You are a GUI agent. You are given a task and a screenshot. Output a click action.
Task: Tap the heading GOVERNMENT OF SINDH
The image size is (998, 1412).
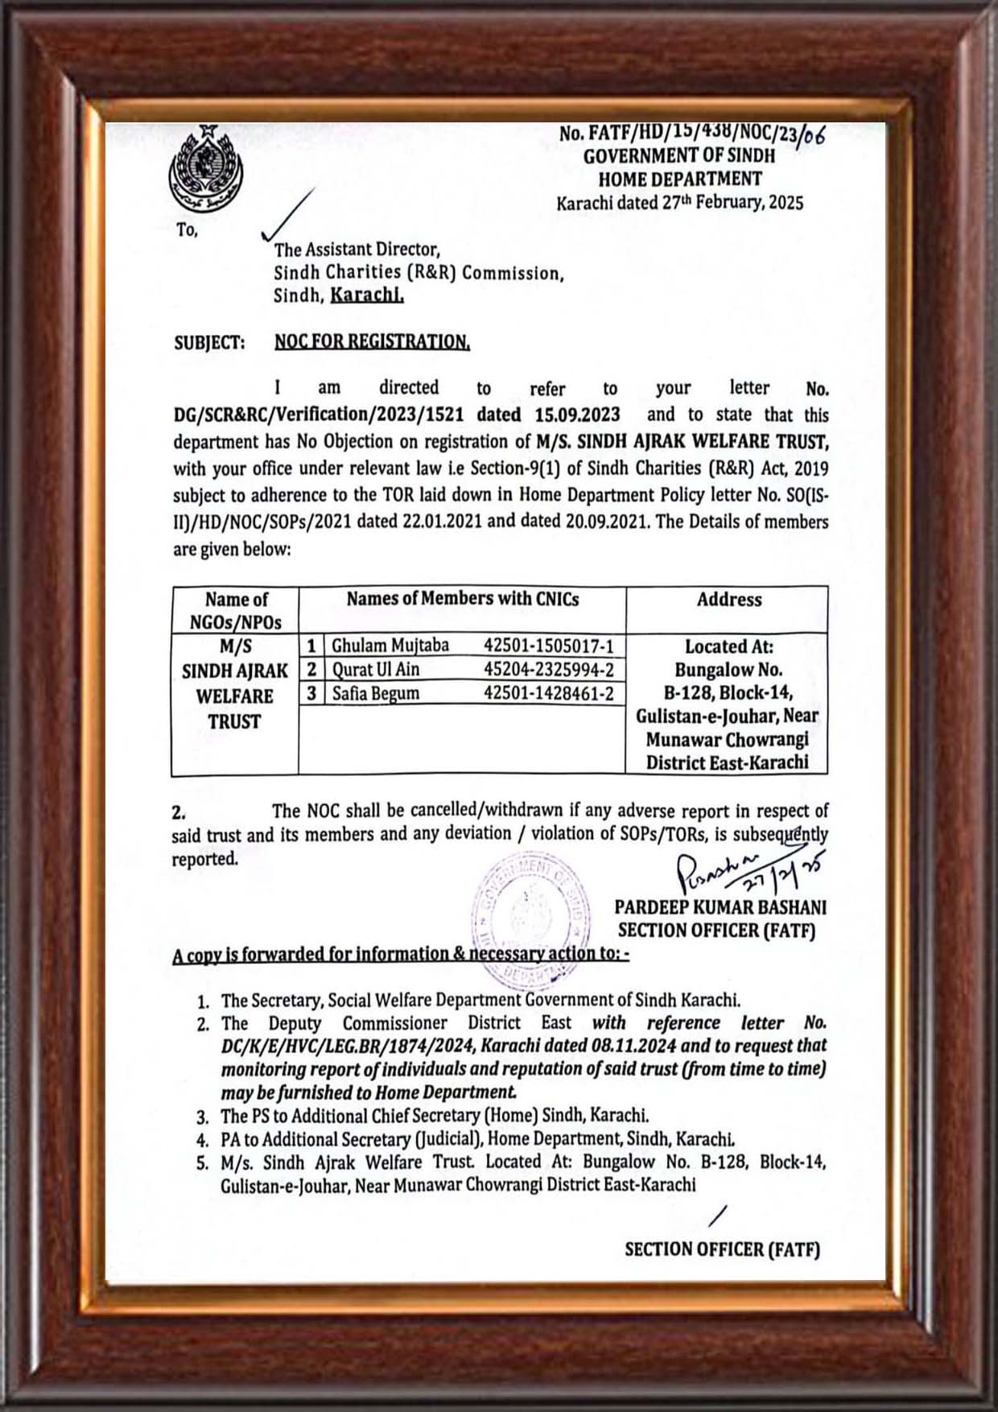click(679, 156)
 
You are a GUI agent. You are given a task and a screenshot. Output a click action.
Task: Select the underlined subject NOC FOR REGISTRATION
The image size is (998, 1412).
click(372, 342)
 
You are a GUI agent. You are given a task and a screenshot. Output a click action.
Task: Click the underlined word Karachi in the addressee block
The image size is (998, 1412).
click(367, 295)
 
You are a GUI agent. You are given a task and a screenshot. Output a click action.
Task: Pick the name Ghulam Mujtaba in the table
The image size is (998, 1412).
click(390, 646)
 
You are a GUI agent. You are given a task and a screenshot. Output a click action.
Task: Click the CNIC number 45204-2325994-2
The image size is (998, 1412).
click(549, 670)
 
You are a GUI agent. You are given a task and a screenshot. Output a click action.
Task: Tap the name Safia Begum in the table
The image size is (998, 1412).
click(375, 693)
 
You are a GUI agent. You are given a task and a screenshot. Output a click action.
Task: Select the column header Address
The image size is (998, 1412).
click(728, 600)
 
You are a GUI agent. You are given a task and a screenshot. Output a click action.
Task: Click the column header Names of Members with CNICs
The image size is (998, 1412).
click(462, 599)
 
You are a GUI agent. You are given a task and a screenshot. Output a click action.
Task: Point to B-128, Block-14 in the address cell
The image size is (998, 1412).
click(728, 693)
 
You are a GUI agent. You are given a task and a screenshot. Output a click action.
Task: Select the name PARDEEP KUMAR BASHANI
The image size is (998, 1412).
click(720, 907)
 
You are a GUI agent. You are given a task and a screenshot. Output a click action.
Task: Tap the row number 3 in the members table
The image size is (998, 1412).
click(311, 693)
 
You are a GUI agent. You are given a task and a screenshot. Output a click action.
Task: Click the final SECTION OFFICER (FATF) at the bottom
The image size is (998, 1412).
click(722, 1249)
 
